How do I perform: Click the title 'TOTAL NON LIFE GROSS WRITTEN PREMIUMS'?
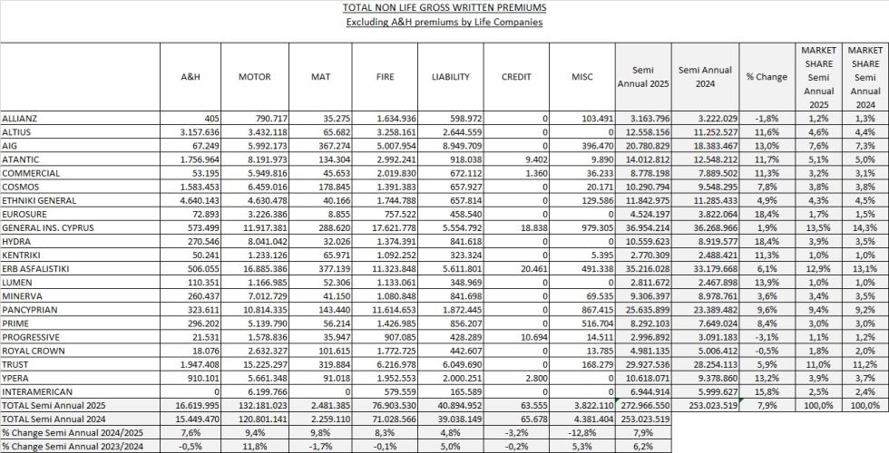click(444, 7)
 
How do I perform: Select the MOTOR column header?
click(254, 77)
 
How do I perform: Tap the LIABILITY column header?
click(450, 77)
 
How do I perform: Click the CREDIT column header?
click(516, 77)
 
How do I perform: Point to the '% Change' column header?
click(767, 77)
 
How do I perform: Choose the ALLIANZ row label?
click(20, 119)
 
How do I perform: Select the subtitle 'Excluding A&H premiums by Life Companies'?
click(444, 22)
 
